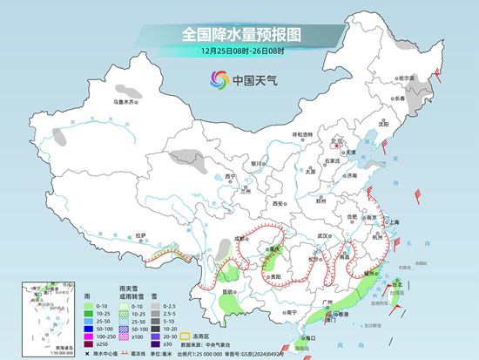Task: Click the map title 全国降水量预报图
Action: (x=239, y=34)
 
